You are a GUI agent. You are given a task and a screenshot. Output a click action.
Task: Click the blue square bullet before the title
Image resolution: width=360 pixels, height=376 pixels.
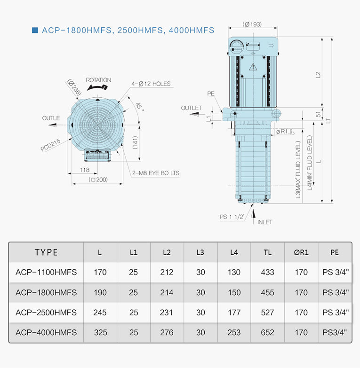click(34, 31)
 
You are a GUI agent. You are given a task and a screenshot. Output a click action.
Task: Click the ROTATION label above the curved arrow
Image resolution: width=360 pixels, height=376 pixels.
click(98, 80)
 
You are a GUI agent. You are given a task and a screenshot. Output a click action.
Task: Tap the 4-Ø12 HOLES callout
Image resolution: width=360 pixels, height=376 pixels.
click(151, 84)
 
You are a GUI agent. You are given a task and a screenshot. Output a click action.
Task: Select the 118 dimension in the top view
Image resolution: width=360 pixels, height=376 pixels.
click(84, 170)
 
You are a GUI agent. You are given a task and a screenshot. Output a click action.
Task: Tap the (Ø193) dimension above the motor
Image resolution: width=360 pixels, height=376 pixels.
click(252, 24)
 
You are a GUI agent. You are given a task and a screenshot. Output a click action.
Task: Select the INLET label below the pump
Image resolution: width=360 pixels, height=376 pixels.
click(265, 222)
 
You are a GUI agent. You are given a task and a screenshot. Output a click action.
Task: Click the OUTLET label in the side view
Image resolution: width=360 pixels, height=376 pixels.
click(192, 108)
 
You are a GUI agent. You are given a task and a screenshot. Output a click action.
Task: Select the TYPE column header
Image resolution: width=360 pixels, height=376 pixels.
click(46, 252)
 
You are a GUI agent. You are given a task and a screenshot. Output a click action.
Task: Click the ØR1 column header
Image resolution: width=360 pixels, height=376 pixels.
click(301, 252)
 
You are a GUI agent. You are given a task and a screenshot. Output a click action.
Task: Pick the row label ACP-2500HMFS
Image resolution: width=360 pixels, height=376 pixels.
click(46, 313)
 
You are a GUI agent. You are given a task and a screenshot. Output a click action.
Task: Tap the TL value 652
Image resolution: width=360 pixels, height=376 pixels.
click(267, 333)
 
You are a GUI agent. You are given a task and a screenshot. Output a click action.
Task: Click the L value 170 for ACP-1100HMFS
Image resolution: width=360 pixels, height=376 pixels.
click(100, 272)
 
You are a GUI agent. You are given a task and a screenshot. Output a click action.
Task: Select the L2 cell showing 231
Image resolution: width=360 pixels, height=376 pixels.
click(167, 313)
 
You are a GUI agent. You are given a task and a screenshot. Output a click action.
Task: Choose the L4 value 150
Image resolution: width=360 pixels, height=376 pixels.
click(234, 292)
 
